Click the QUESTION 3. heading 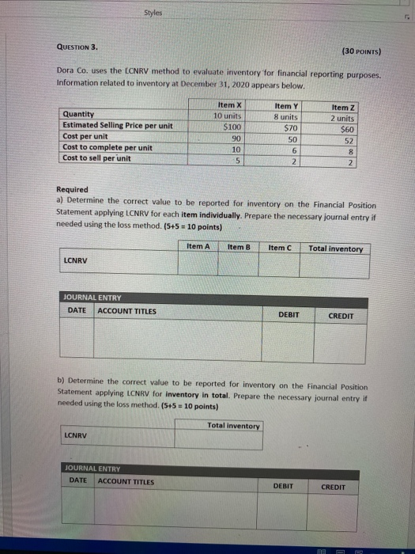coord(79,46)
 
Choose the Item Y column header coord(285,105)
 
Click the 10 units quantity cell coord(228,116)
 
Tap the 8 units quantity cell coord(285,116)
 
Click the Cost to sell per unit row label coord(96,158)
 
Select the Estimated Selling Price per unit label coord(117,125)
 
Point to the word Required coord(74,189)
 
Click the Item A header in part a coord(198,247)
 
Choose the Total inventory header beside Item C coord(336,249)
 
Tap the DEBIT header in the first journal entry coord(289,314)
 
